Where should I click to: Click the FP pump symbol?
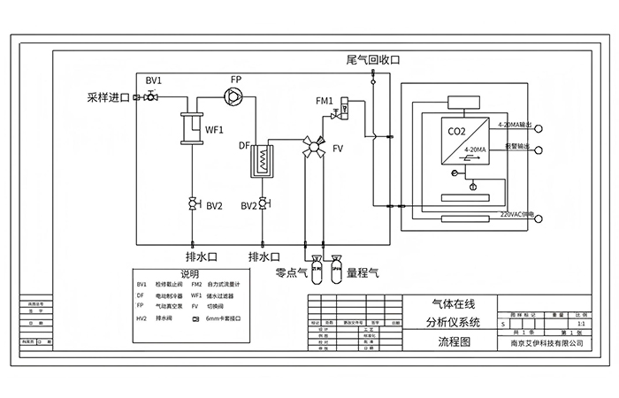(235, 96)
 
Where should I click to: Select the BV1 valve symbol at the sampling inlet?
(153, 96)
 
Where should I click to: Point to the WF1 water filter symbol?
(189, 129)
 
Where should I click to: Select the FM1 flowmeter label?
(325, 102)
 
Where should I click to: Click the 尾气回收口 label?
(374, 60)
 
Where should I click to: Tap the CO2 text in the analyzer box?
(457, 132)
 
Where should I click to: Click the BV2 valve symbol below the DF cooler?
(264, 204)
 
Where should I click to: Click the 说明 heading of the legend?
(190, 274)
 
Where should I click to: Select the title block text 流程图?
(454, 341)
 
